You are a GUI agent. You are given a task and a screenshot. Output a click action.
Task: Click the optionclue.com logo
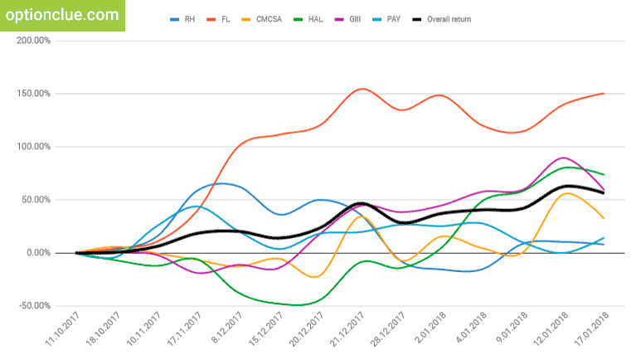point(61,14)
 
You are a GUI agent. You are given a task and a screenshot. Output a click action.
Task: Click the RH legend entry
point(185,19)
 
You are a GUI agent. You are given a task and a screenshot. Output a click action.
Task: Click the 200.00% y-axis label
point(32,40)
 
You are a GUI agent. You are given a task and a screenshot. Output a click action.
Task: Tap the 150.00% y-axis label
point(32,93)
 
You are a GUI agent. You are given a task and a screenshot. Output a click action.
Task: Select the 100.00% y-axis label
point(32,146)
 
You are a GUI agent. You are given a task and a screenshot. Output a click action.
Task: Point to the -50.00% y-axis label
point(32,305)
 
